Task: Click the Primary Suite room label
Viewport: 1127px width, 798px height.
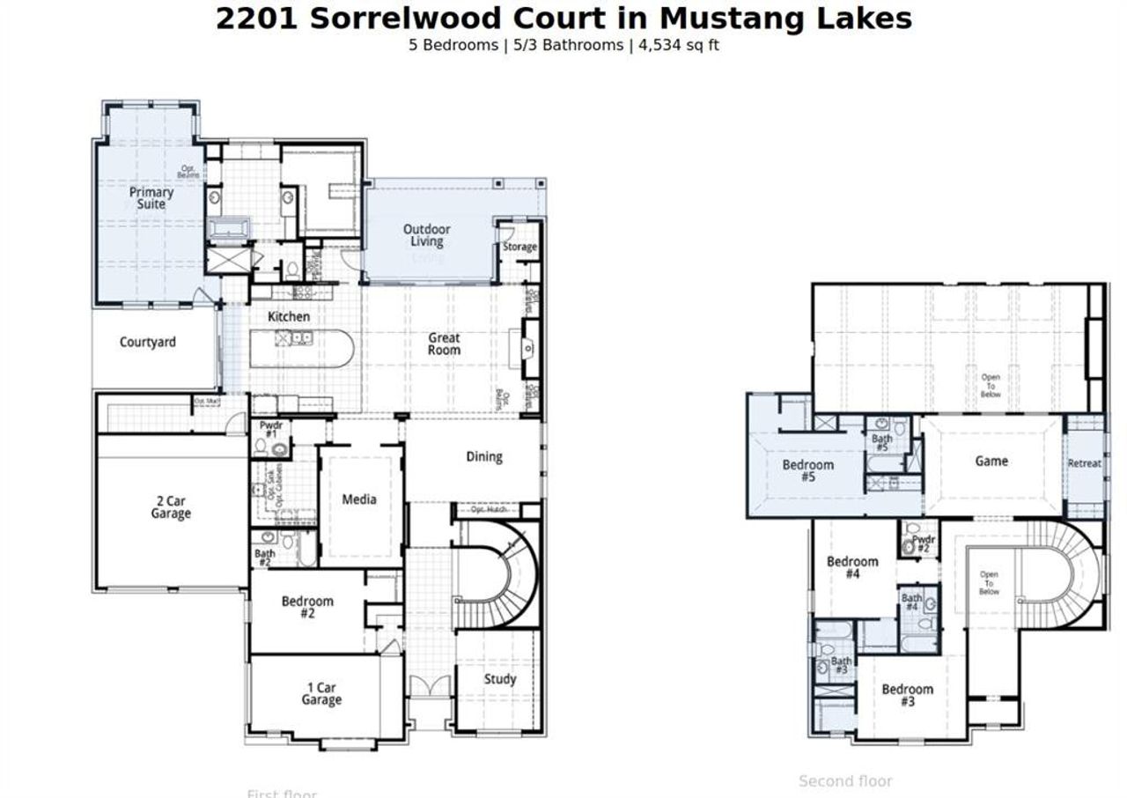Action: click(x=151, y=198)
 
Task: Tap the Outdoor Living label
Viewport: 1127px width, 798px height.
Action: click(x=427, y=235)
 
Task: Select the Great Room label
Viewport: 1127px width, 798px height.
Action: click(x=445, y=344)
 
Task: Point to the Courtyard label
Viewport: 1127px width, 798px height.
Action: click(x=148, y=342)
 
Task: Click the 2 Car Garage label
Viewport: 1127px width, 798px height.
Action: click(x=171, y=507)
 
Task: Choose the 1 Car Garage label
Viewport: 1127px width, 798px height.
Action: click(x=321, y=694)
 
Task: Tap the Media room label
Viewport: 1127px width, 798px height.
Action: click(x=359, y=499)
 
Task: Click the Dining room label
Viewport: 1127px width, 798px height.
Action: click(x=484, y=456)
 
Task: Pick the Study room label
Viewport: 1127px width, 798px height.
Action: click(x=500, y=679)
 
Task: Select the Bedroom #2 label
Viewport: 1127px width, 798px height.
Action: click(x=307, y=607)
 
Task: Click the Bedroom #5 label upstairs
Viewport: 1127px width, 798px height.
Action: click(x=808, y=470)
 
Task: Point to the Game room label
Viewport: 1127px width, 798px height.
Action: click(x=991, y=461)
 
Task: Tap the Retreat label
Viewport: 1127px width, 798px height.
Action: click(x=1084, y=463)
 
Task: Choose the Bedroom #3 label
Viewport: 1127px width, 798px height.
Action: click(x=907, y=695)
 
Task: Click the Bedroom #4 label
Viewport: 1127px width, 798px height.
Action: click(x=852, y=567)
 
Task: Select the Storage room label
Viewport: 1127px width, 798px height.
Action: click(x=519, y=247)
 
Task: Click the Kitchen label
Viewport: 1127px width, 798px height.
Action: click(x=289, y=316)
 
